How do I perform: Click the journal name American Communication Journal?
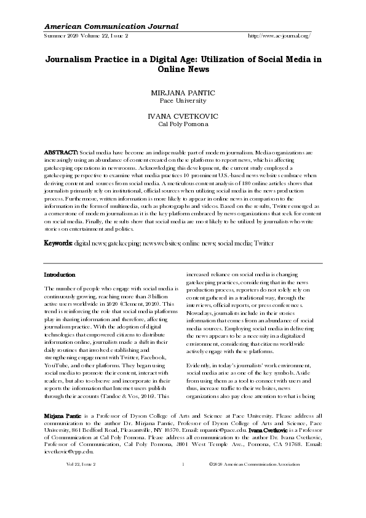(111, 26)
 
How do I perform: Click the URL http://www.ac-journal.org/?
(278, 36)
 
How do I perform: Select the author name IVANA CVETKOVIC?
(183, 116)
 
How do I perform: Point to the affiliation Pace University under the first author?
(183, 100)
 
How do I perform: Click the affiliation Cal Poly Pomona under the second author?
(183, 124)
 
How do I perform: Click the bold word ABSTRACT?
(61, 151)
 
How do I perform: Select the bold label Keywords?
(58, 244)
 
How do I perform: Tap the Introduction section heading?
(60, 274)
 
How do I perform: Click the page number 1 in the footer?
(183, 480)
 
